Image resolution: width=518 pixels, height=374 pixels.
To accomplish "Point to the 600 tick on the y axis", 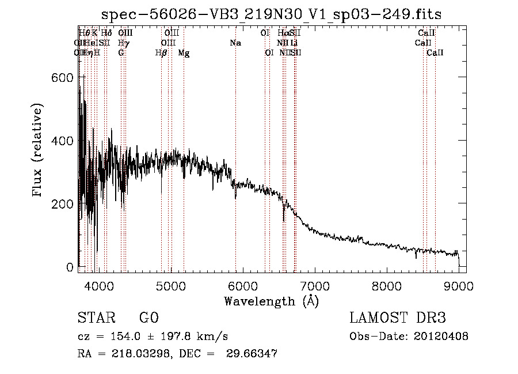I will click(x=68, y=78).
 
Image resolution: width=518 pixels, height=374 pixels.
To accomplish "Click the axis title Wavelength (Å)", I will click(x=271, y=301).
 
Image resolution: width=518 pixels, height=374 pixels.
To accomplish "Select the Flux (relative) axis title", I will click(x=39, y=151).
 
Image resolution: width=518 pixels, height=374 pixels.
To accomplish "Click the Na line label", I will click(x=235, y=43).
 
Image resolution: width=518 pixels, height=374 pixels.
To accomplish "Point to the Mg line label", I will click(x=184, y=53).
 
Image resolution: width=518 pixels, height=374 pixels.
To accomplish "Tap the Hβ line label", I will click(x=161, y=53).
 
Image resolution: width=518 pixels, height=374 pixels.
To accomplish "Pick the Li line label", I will click(x=294, y=43).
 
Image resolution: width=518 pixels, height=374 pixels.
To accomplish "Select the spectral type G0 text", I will click(x=148, y=318).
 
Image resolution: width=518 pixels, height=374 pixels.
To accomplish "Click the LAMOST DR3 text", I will click(x=397, y=318).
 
